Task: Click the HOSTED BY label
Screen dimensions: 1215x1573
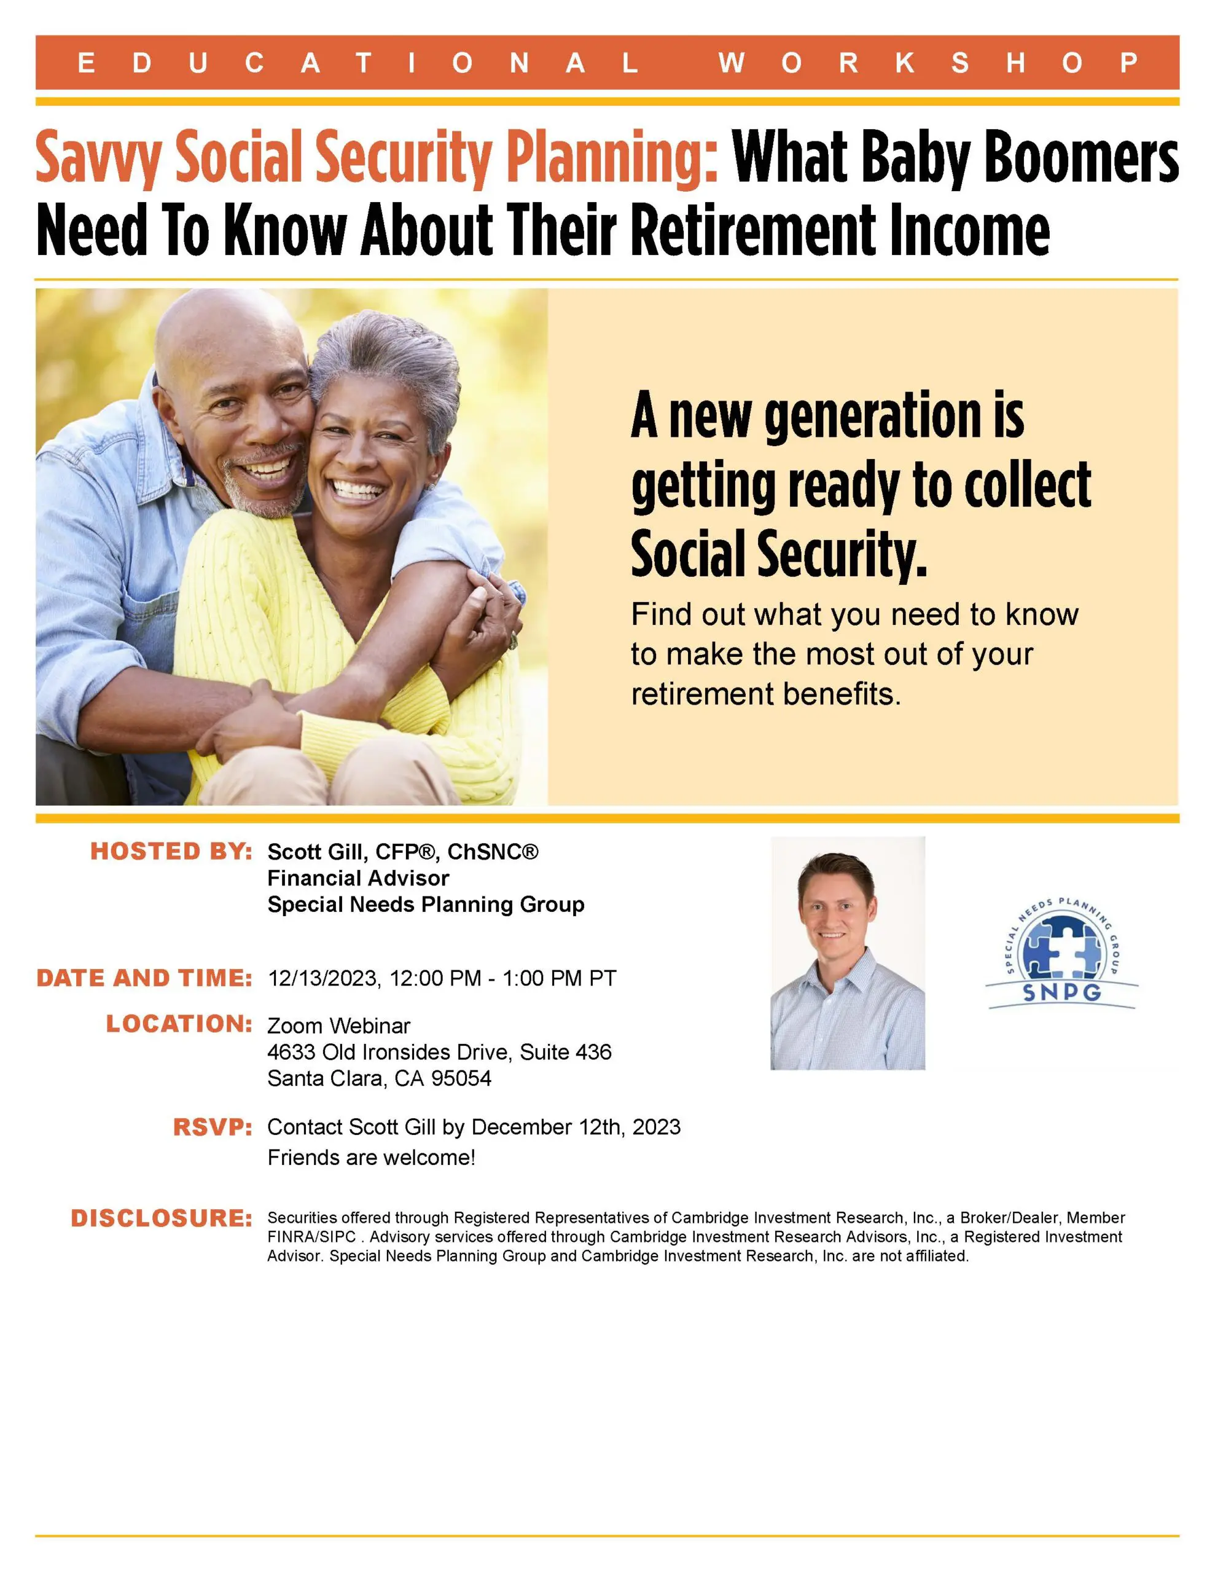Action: coord(171,851)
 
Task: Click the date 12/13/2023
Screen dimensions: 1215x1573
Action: coord(322,978)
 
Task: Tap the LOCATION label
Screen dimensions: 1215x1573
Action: coord(179,1024)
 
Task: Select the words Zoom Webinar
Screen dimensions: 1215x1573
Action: coord(338,1026)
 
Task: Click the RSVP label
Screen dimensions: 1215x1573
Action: coord(213,1127)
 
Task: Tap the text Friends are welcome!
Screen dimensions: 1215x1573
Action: coord(372,1158)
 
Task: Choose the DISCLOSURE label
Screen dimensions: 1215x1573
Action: coord(162,1218)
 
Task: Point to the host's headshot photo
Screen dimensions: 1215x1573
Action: coord(848,953)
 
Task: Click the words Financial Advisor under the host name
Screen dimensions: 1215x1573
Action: coord(358,878)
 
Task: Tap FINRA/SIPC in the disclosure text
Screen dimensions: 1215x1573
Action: coord(312,1238)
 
